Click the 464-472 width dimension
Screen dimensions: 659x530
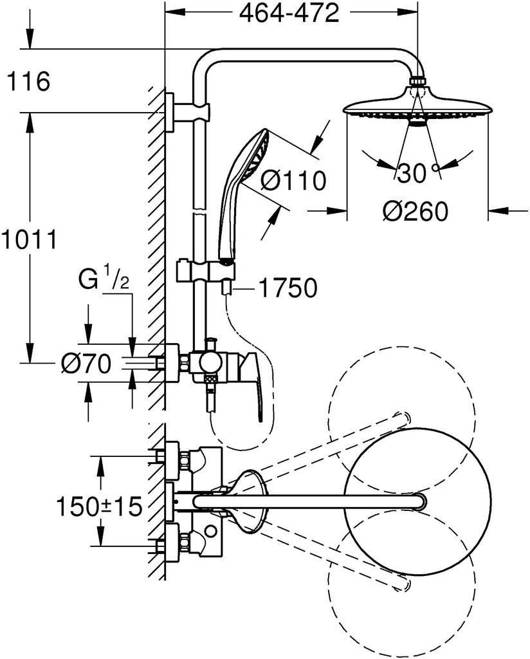coord(289,14)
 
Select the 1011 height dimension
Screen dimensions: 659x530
coord(29,240)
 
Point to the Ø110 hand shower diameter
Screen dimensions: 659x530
coord(294,181)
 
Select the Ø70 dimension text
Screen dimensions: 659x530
coord(86,364)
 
